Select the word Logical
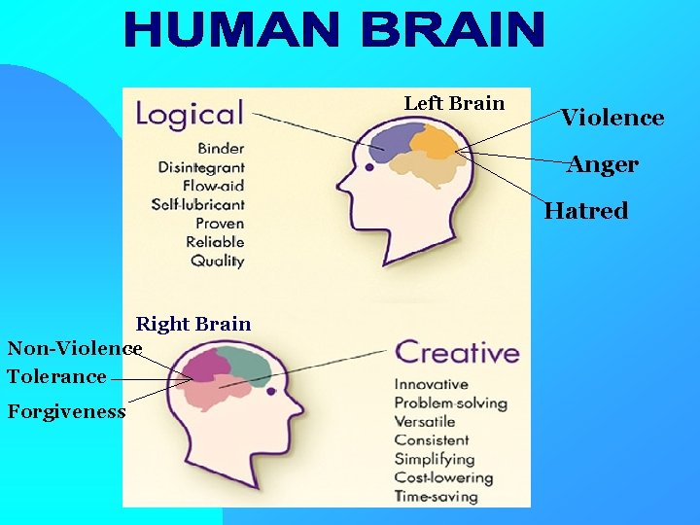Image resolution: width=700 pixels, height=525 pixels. (x=190, y=114)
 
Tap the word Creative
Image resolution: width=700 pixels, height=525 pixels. (x=457, y=352)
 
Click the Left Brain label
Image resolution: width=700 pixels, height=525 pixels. (x=454, y=103)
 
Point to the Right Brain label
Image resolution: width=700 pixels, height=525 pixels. (x=193, y=324)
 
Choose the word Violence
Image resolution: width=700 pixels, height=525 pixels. (x=612, y=118)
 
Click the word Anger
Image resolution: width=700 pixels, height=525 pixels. (x=603, y=164)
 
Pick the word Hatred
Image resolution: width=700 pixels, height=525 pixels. (x=586, y=210)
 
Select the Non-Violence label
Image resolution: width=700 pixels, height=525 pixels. (x=75, y=348)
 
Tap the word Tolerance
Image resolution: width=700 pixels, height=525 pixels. (x=56, y=376)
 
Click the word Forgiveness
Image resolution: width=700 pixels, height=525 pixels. (x=67, y=411)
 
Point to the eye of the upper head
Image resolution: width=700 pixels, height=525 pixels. (x=369, y=167)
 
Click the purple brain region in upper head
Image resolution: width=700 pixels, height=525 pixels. (x=391, y=142)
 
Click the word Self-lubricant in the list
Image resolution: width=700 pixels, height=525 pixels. (x=198, y=204)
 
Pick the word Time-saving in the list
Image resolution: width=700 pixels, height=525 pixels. (x=436, y=496)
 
